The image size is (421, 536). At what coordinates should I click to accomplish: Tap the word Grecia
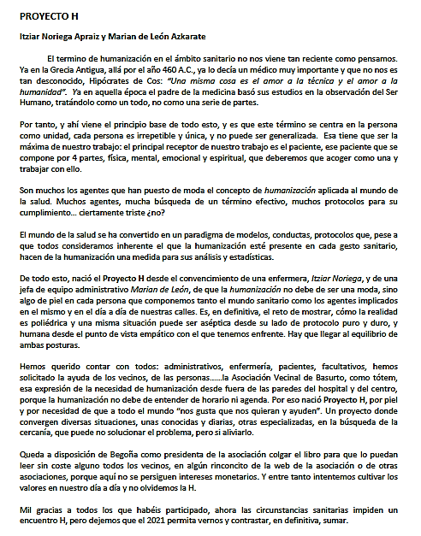tap(52, 69)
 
